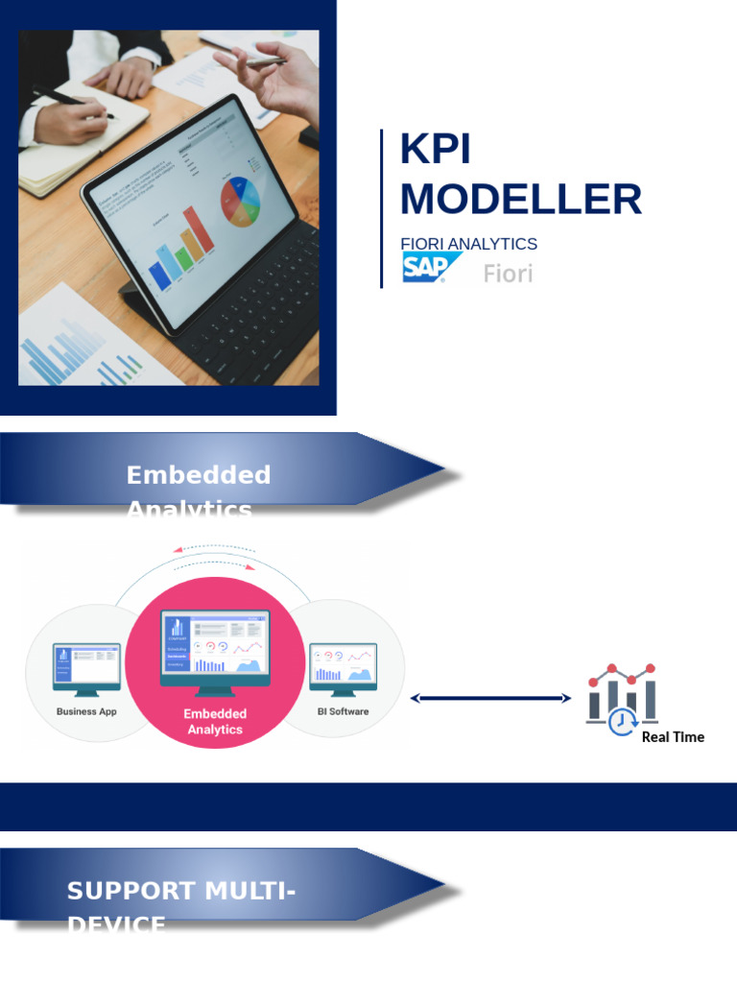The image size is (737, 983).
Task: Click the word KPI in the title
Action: tap(436, 152)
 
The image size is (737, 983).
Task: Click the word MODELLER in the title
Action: tap(520, 200)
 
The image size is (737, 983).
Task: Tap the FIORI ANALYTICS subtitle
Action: tap(468, 244)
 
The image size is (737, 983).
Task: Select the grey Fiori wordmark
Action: tap(508, 274)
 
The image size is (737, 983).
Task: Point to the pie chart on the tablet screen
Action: tap(241, 198)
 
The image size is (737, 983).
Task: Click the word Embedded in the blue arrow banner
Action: tap(199, 475)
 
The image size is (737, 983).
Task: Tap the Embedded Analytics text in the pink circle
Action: tap(215, 721)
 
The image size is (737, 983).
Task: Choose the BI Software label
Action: tap(343, 711)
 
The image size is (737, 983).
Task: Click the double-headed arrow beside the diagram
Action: tap(490, 699)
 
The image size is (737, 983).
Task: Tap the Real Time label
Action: tap(673, 737)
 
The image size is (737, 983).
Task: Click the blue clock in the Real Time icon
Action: tap(623, 721)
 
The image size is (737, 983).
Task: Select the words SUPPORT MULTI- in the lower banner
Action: tap(181, 891)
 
